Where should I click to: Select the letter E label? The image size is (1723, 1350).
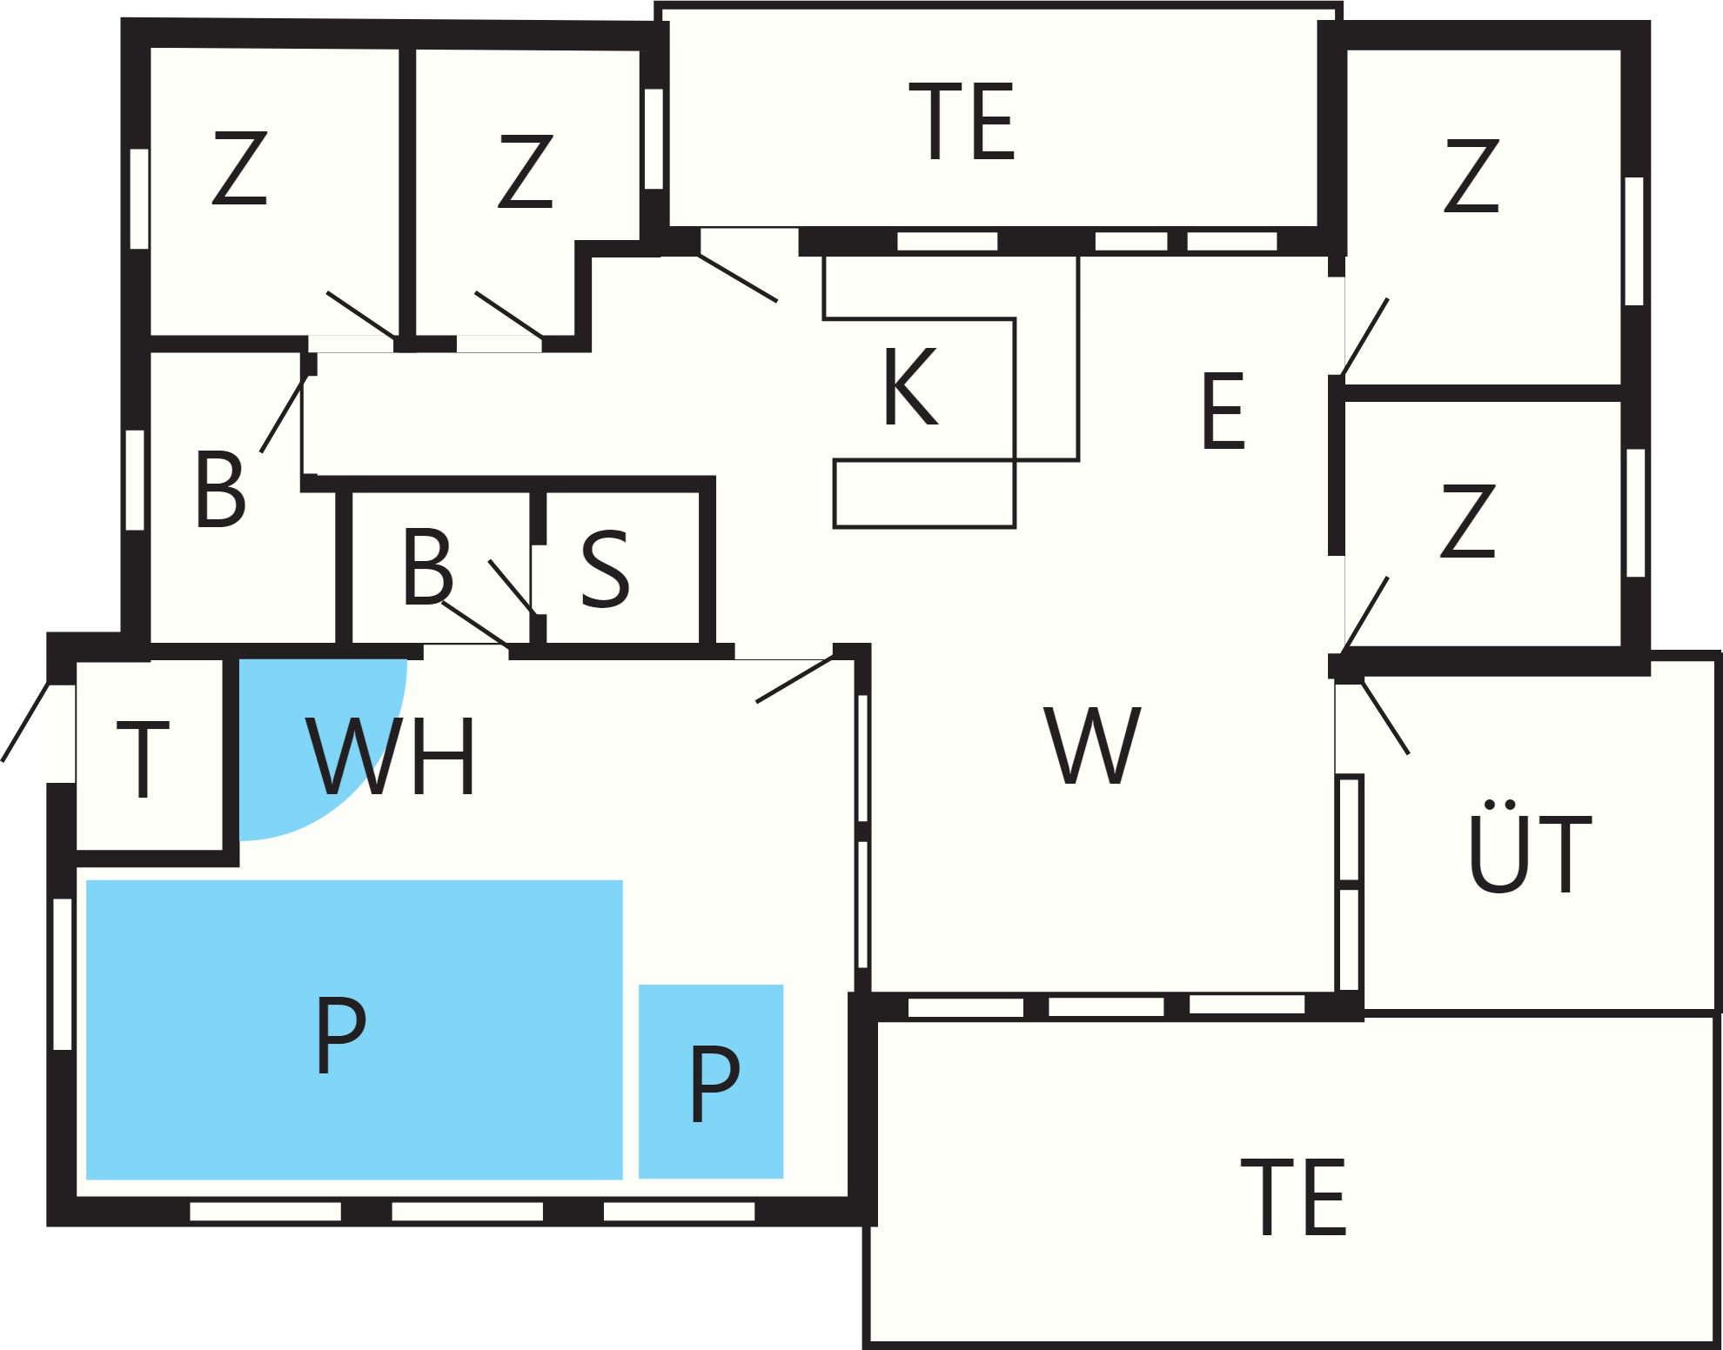[1223, 410]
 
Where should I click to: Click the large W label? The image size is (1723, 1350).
[1092, 745]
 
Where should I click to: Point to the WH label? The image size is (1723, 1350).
[390, 756]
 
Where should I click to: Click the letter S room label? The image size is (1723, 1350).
[605, 568]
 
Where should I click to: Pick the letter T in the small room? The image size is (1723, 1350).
[143, 759]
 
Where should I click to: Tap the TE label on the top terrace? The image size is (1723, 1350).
[962, 122]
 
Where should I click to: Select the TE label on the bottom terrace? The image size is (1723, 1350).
[1293, 1197]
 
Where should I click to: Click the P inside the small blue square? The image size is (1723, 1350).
[714, 1084]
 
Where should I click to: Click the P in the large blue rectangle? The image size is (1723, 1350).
[340, 1035]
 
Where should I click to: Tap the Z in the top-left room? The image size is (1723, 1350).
[239, 168]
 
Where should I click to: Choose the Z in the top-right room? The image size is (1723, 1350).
[1472, 175]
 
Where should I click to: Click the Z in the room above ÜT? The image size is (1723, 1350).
[1468, 520]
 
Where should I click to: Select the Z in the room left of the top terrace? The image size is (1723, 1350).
[525, 170]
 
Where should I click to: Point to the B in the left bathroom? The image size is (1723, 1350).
[220, 488]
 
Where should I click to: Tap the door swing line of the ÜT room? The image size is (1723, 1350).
[1384, 717]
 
